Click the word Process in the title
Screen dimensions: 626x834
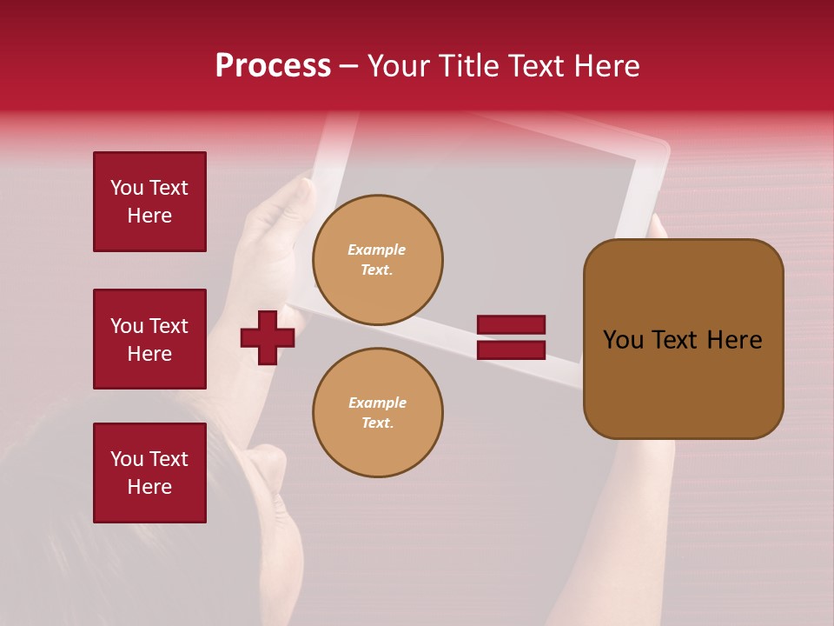point(273,66)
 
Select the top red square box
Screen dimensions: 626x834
point(149,202)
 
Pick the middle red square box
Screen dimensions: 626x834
point(149,339)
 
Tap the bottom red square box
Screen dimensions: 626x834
point(149,473)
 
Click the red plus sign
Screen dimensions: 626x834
point(268,337)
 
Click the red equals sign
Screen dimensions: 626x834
point(511,337)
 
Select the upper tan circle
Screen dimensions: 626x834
point(378,260)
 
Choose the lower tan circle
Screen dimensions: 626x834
point(378,413)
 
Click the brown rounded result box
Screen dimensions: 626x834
point(683,339)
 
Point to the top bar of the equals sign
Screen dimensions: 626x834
point(511,325)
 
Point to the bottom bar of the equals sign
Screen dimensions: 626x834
point(511,350)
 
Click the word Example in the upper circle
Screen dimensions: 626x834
point(377,250)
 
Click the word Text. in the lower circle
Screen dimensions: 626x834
point(377,423)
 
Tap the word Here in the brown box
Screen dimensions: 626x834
point(735,340)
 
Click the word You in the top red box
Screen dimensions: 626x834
point(127,189)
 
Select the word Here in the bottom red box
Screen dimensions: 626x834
point(149,487)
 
